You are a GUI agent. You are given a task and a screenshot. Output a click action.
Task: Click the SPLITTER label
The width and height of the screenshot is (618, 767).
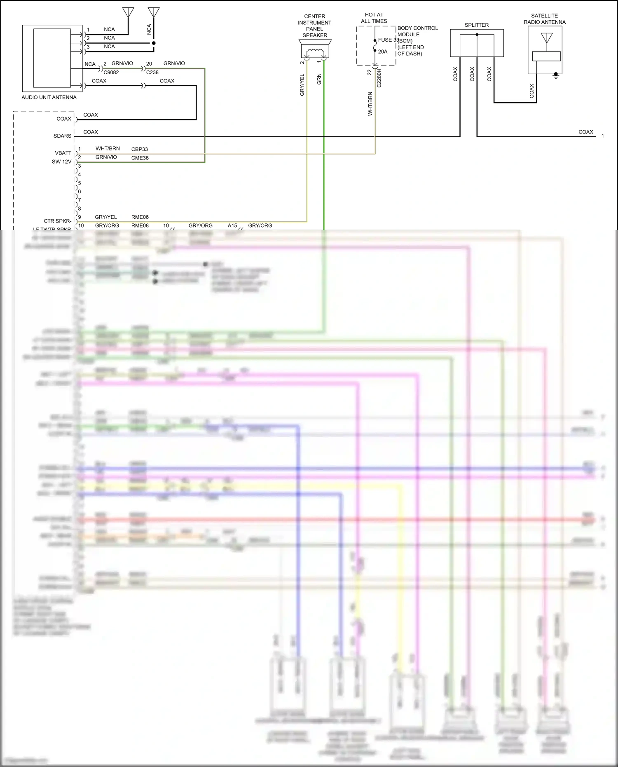tap(476, 25)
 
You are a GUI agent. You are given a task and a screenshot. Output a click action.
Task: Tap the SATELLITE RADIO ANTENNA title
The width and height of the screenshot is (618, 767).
tap(544, 19)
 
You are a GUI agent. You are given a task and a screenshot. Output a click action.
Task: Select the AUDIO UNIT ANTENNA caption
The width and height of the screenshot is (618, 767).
tap(49, 98)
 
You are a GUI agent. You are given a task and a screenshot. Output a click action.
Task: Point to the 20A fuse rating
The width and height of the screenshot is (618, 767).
tap(383, 52)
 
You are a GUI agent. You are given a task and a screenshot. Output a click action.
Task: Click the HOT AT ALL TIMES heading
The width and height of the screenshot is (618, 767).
tap(374, 18)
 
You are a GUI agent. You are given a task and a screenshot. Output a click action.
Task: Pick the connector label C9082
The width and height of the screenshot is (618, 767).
tap(111, 73)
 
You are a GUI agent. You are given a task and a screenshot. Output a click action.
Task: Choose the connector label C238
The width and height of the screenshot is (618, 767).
tap(152, 73)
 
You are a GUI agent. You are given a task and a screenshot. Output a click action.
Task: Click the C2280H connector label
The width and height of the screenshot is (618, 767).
tap(379, 78)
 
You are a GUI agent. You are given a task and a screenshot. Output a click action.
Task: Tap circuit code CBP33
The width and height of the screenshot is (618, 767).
tap(140, 149)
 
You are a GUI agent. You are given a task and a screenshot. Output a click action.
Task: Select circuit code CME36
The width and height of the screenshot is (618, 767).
tap(140, 158)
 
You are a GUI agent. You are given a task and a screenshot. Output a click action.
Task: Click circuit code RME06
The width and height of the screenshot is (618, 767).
tap(140, 217)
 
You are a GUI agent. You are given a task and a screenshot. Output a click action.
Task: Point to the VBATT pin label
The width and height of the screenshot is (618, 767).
tap(63, 153)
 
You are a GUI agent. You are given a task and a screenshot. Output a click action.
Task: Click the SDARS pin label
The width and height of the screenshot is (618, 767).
tap(62, 136)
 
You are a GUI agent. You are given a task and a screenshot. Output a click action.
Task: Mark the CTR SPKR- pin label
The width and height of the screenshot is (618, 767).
tap(57, 221)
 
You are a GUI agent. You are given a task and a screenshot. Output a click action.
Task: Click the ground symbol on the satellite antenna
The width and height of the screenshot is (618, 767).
tap(556, 76)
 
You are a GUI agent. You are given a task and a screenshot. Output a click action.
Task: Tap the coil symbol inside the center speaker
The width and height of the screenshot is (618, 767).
tap(315, 52)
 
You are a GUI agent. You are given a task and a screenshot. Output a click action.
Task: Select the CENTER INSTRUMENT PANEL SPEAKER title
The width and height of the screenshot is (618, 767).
tap(315, 26)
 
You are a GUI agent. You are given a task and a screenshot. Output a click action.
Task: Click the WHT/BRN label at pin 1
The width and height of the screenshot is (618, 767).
tap(108, 149)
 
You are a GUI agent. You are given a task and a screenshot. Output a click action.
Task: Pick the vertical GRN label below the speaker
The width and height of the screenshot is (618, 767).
tap(319, 80)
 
